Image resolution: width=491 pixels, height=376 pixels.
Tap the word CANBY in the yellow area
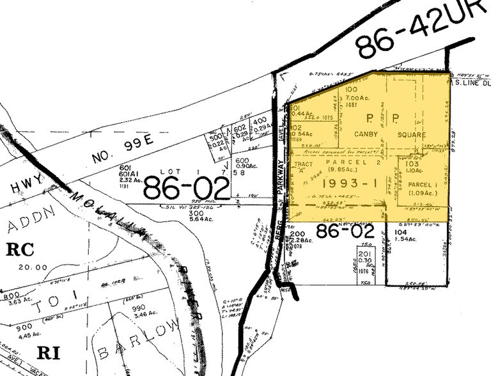coord(366,135)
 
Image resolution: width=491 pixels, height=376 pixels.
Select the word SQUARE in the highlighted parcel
coord(411,135)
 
